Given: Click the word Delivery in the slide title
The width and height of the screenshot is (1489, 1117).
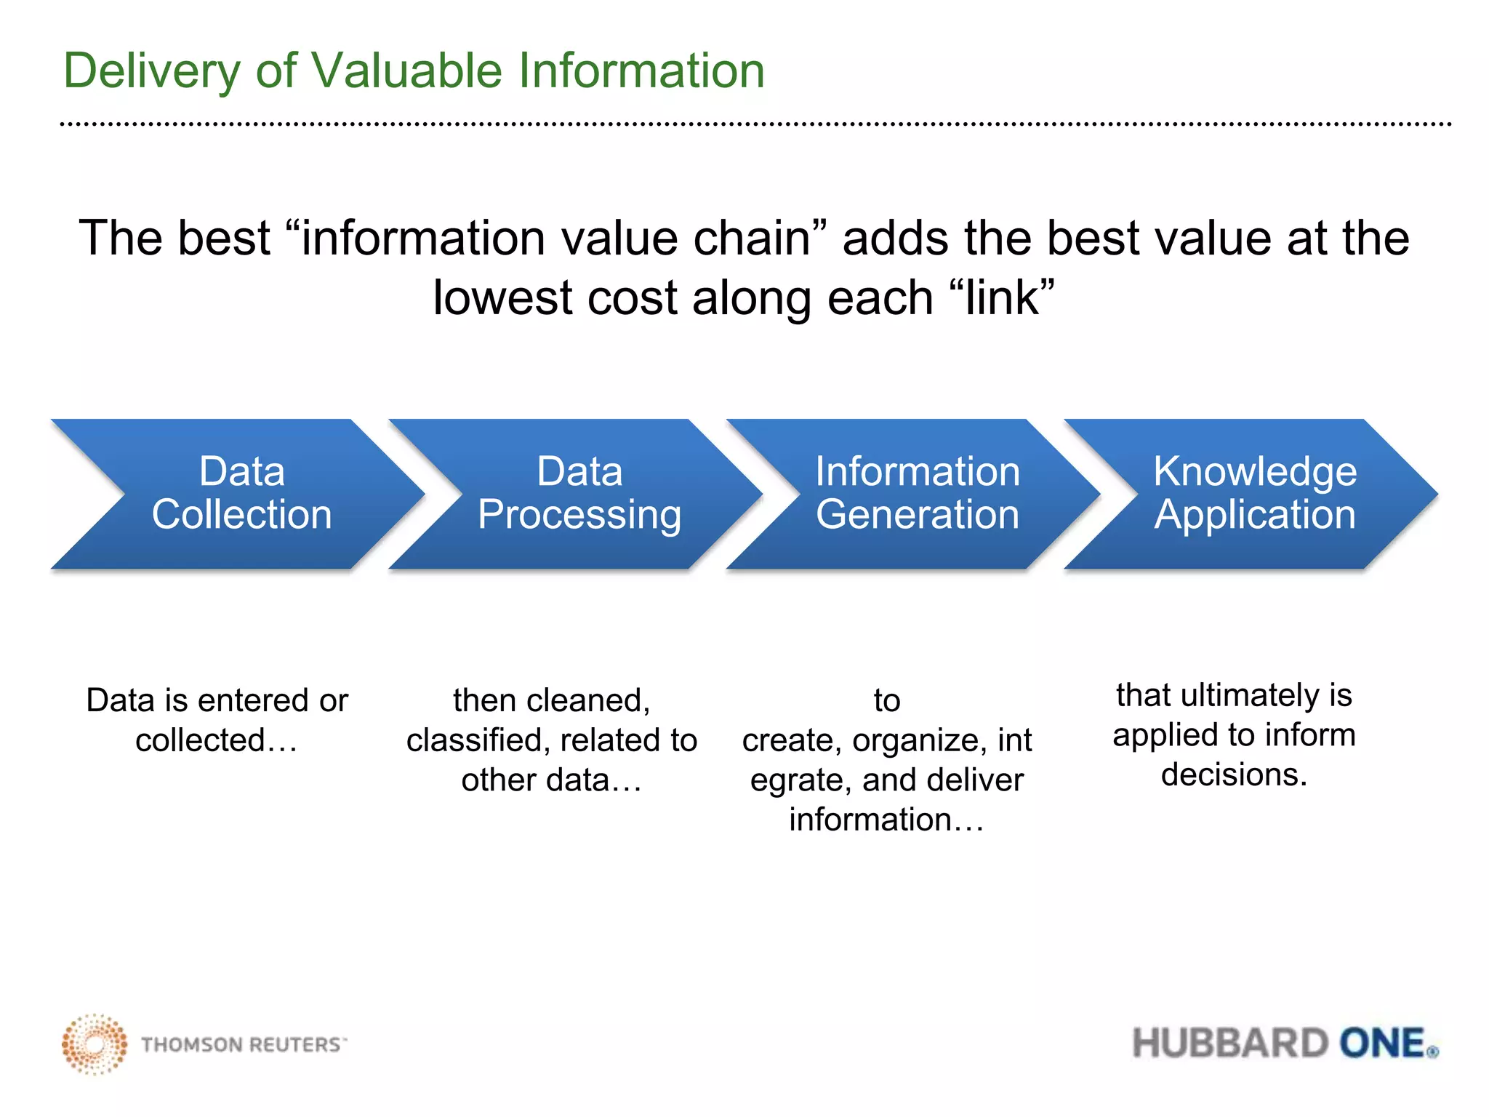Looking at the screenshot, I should coord(151,71).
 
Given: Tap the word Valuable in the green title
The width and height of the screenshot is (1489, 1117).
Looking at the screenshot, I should coord(406,71).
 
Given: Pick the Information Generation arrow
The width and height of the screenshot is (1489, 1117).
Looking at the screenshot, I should coord(917,494).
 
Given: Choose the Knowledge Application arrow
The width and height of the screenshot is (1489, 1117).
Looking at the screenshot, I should coord(1255,494).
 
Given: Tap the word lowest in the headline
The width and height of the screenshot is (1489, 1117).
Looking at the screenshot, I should coord(502,298).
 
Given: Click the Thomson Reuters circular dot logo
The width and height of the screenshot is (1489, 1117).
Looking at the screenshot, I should coord(94,1044).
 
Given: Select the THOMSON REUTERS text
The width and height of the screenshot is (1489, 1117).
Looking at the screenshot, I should coord(242,1045).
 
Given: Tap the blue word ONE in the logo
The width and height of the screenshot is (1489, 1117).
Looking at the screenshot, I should coord(1382,1044).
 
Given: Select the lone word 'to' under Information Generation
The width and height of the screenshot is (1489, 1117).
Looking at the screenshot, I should coord(887,701).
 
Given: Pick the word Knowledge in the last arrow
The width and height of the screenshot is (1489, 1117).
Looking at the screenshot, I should coord(1255,472).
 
